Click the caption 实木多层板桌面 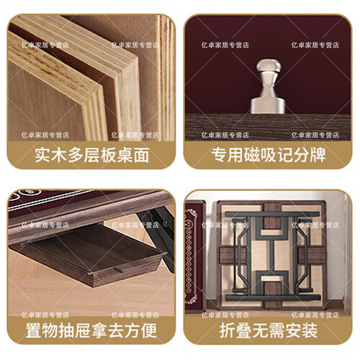pos(92,156)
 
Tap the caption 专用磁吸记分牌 pos(269,156)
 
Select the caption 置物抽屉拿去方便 pos(91,330)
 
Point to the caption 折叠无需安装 pos(269,330)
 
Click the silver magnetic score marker pos(268,86)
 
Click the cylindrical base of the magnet pos(268,105)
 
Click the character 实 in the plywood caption pos(42,156)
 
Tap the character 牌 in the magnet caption pos(318,156)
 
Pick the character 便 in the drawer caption pos(149,330)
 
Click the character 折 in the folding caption pos(228,330)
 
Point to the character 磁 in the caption pos(252,156)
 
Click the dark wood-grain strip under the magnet pos(268,127)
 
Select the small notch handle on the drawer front pos(119,269)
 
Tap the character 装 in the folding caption pos(310,330)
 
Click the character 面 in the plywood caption pos(142,156)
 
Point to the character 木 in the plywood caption pos(59,156)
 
